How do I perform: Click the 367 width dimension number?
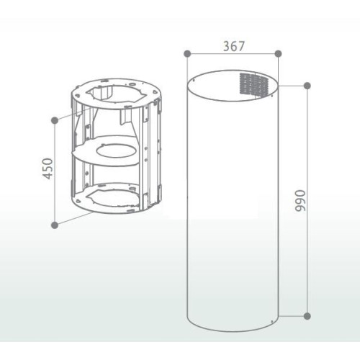click(233, 46)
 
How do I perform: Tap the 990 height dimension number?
click(300, 201)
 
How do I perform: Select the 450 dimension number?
click(48, 168)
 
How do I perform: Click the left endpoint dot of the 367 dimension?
click(187, 53)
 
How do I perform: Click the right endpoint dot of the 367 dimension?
click(278, 53)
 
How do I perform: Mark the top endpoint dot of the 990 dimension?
click(307, 86)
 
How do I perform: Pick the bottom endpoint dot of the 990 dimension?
click(307, 316)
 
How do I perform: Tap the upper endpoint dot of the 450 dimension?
click(55, 120)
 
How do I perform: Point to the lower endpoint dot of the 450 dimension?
click(55, 225)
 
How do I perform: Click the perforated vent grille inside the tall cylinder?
click(254, 84)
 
